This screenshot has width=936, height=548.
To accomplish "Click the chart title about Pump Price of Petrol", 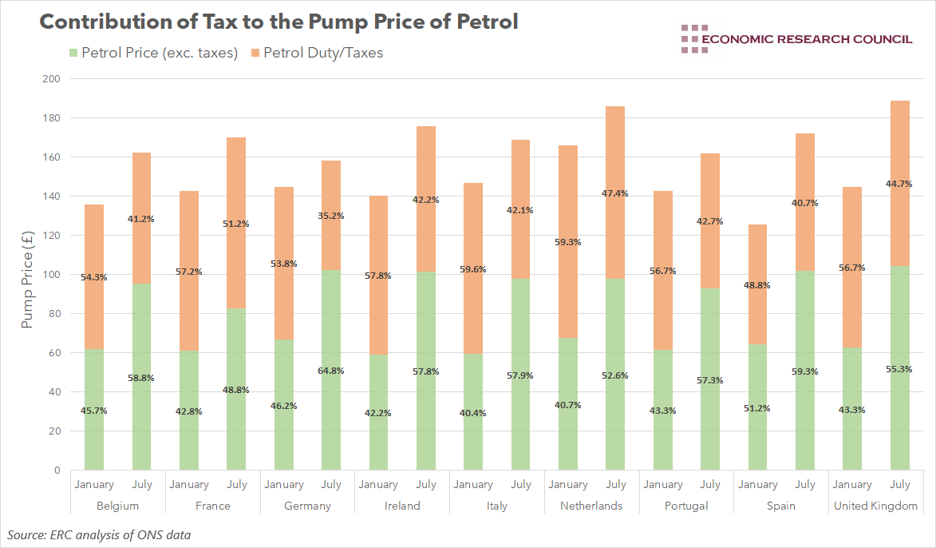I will (278, 22).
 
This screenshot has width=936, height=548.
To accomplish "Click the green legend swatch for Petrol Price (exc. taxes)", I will (74, 54).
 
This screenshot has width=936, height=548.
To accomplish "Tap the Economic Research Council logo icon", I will (694, 39).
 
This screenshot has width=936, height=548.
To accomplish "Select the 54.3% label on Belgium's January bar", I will (94, 277).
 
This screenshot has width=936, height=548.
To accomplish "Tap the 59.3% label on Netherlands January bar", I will (568, 242).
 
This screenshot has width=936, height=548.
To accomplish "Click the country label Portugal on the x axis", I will (686, 506).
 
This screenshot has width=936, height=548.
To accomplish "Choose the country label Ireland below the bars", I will (402, 506).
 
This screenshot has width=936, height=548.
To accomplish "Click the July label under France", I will (237, 484).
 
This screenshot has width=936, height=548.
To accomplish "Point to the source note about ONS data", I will (99, 534).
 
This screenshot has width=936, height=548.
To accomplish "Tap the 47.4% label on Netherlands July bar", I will (615, 193).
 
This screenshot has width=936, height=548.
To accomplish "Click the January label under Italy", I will (473, 484).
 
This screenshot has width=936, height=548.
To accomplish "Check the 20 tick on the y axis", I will (54, 431).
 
